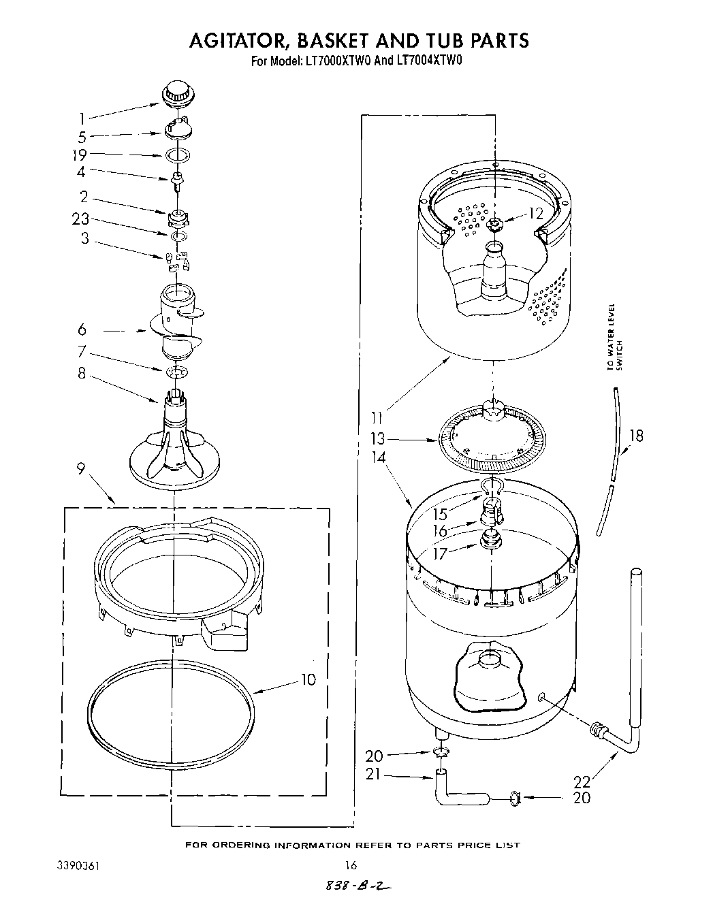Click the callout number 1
(82, 118)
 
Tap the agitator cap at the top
(177, 94)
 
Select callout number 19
(80, 155)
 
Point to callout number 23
(81, 220)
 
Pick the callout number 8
(82, 374)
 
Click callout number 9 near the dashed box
(81, 469)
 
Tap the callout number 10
(308, 679)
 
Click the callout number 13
(377, 439)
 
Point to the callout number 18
(636, 436)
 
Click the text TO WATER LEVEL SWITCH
(614, 338)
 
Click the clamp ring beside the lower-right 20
(517, 796)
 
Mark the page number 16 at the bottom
(351, 865)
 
